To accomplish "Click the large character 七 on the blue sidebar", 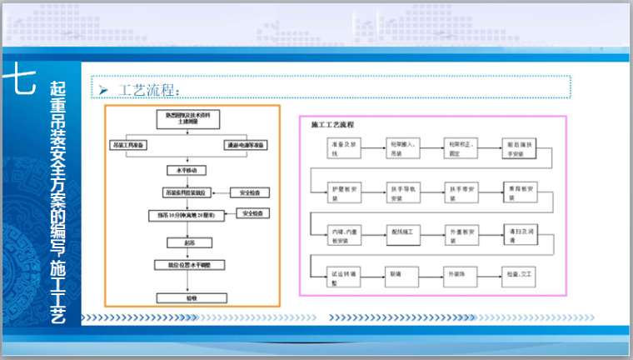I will point(19,81).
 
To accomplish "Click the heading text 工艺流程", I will point(148,88).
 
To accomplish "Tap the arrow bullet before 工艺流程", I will point(104,88).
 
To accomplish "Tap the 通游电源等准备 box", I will point(247,145).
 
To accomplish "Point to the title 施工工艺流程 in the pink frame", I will point(332,124).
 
